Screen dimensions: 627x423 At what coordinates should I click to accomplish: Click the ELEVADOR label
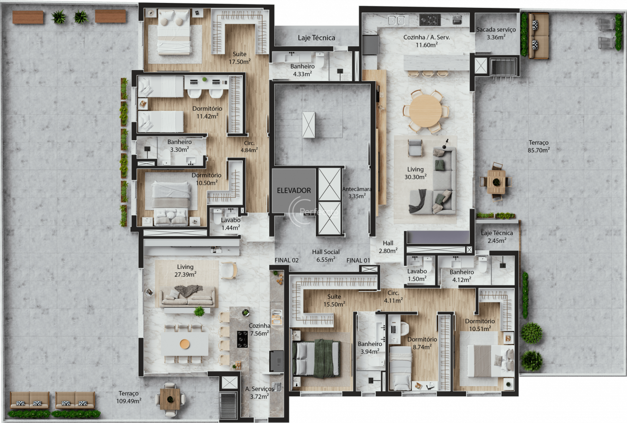point(293,191)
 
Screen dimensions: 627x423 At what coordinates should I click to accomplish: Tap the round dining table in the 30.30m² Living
point(425,111)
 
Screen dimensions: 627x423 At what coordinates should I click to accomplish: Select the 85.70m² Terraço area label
point(538,146)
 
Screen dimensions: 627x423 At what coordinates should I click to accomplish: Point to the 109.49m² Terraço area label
point(129,398)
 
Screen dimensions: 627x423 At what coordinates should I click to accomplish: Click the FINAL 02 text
point(286,260)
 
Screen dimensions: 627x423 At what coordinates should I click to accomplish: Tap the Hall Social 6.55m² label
point(326,255)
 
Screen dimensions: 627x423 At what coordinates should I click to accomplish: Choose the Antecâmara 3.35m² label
point(357,193)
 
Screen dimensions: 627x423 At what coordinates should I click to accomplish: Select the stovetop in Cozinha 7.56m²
point(242,339)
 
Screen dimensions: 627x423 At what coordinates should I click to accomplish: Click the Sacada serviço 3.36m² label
point(496,33)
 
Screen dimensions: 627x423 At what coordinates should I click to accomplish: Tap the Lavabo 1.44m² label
point(231,224)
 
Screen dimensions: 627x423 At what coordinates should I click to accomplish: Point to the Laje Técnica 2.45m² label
point(497,237)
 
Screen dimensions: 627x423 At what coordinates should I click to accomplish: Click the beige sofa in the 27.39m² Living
point(188,298)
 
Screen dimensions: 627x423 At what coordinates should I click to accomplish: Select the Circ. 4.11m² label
point(393,297)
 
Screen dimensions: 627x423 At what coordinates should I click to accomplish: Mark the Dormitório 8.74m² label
point(422,343)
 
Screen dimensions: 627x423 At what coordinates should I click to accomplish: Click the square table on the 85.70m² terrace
point(496,182)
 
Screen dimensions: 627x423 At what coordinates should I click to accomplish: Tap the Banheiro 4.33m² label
point(302,70)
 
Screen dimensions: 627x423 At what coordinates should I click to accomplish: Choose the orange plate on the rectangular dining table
point(185,344)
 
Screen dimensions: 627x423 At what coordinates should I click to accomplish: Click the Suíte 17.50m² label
point(240,58)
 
